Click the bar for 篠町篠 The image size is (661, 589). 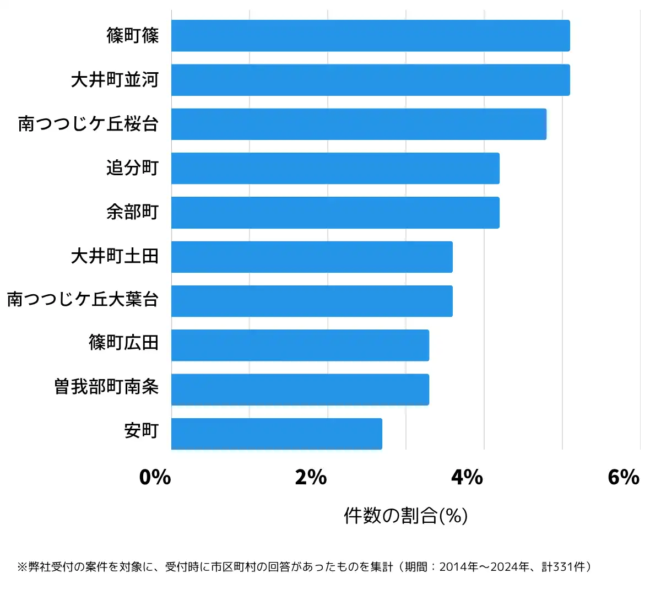[370, 36]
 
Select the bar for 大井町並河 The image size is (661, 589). [370, 80]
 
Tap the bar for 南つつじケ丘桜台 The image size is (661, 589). [359, 124]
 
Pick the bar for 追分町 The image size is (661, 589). [335, 168]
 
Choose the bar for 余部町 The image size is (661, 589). [335, 213]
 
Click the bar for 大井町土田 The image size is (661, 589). [312, 257]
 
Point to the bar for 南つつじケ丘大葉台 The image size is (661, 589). [312, 301]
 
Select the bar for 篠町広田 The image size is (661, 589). [300, 345]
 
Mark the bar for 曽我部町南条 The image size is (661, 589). [300, 390]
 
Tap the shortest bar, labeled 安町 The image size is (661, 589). [277, 434]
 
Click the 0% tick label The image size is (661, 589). [155, 477]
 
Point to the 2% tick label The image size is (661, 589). [311, 477]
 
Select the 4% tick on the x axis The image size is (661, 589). [467, 477]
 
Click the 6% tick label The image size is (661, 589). [623, 477]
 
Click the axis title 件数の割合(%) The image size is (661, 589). [405, 516]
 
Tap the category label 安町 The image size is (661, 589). [142, 430]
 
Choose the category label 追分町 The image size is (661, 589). [133, 167]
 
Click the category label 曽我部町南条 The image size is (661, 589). [106, 387]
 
